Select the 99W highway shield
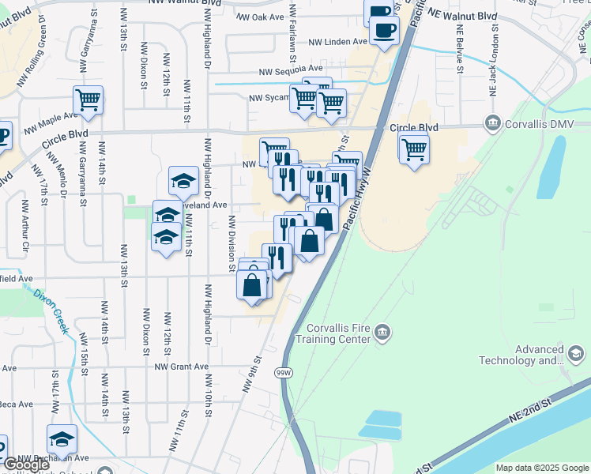(284, 372)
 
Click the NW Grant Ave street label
(181, 367)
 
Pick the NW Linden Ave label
(337, 42)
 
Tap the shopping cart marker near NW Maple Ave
(88, 100)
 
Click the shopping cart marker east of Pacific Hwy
(414, 147)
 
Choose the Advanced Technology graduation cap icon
(577, 352)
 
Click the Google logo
(26, 465)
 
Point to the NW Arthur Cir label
(25, 229)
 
